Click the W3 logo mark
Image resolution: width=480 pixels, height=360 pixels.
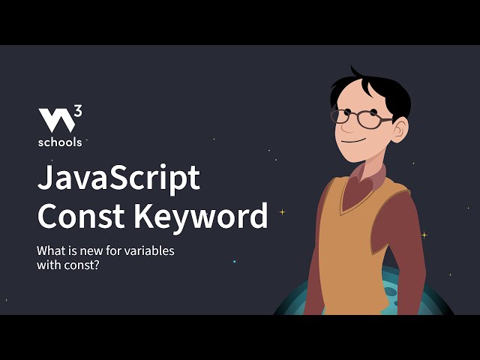coord(57,120)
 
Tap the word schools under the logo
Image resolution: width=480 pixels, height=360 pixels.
coord(60,140)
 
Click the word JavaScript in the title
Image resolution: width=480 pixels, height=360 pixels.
coord(118,178)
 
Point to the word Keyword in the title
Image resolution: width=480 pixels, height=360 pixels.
coord(201,216)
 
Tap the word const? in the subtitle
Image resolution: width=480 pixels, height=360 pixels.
coord(82,265)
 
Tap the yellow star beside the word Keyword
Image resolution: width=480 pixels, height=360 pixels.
coord(282,211)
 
